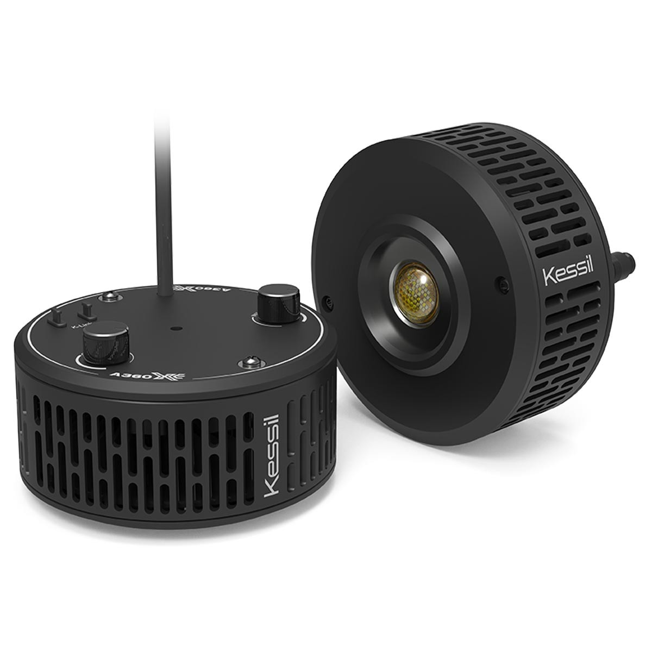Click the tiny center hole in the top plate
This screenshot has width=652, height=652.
point(173,329)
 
